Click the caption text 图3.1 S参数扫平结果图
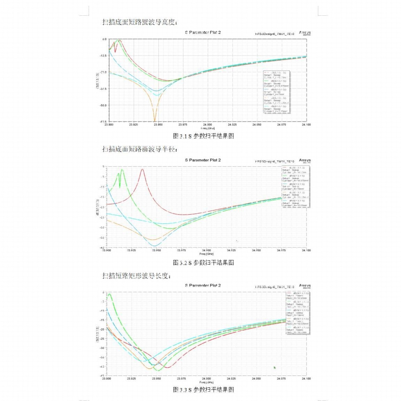click(x=203, y=136)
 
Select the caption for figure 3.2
click(x=203, y=262)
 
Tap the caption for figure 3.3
click(x=203, y=390)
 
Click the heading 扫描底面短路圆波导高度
click(x=140, y=22)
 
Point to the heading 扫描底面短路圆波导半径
click(x=140, y=149)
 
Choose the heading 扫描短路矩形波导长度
click(x=136, y=276)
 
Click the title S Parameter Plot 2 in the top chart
click(x=203, y=32)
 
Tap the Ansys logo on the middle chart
click(x=304, y=161)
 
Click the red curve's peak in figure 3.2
click(x=142, y=169)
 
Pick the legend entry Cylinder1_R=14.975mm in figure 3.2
click(x=294, y=180)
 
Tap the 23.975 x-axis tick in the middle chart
click(x=181, y=250)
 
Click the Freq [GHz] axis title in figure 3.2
click(x=206, y=254)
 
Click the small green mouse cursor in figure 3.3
click(x=275, y=367)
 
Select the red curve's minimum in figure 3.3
click(x=167, y=368)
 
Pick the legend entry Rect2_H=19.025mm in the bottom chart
click(x=296, y=323)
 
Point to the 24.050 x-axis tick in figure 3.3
click(x=256, y=378)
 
